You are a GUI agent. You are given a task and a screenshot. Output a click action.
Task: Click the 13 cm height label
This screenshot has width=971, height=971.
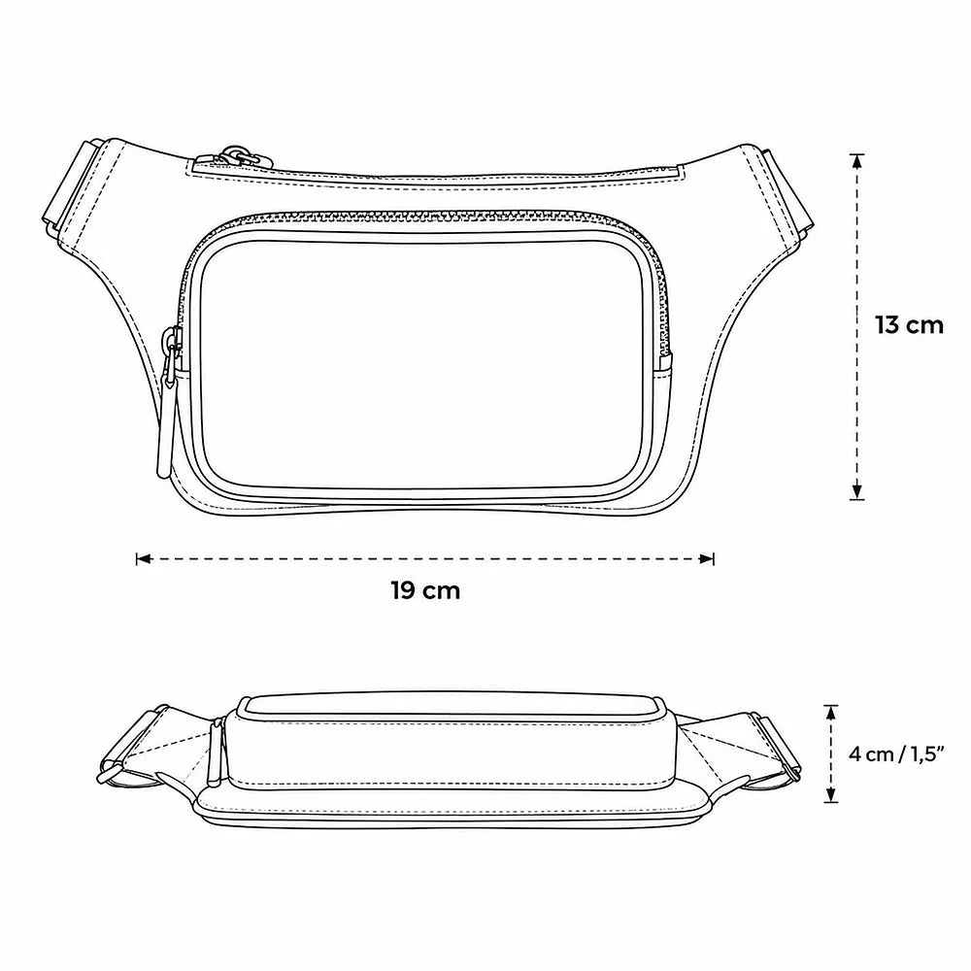(909, 325)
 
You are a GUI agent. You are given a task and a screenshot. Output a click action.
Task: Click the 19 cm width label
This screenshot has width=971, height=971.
(425, 590)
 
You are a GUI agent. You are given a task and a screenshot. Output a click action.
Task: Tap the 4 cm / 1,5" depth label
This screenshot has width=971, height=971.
(895, 754)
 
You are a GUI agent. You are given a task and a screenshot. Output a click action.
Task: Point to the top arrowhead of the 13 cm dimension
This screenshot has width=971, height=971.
(856, 161)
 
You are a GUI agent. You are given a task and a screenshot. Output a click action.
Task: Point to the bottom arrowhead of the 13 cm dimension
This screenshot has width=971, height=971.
(856, 491)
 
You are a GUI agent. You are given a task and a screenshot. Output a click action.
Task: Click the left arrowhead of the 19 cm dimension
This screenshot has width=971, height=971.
(144, 559)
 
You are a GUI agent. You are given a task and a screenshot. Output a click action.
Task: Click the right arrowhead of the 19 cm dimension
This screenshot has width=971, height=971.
(706, 559)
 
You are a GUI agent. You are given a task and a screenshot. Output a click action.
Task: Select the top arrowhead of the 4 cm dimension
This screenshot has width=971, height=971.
(830, 713)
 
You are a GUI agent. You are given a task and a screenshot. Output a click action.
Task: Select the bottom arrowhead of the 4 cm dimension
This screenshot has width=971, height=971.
(830, 794)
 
